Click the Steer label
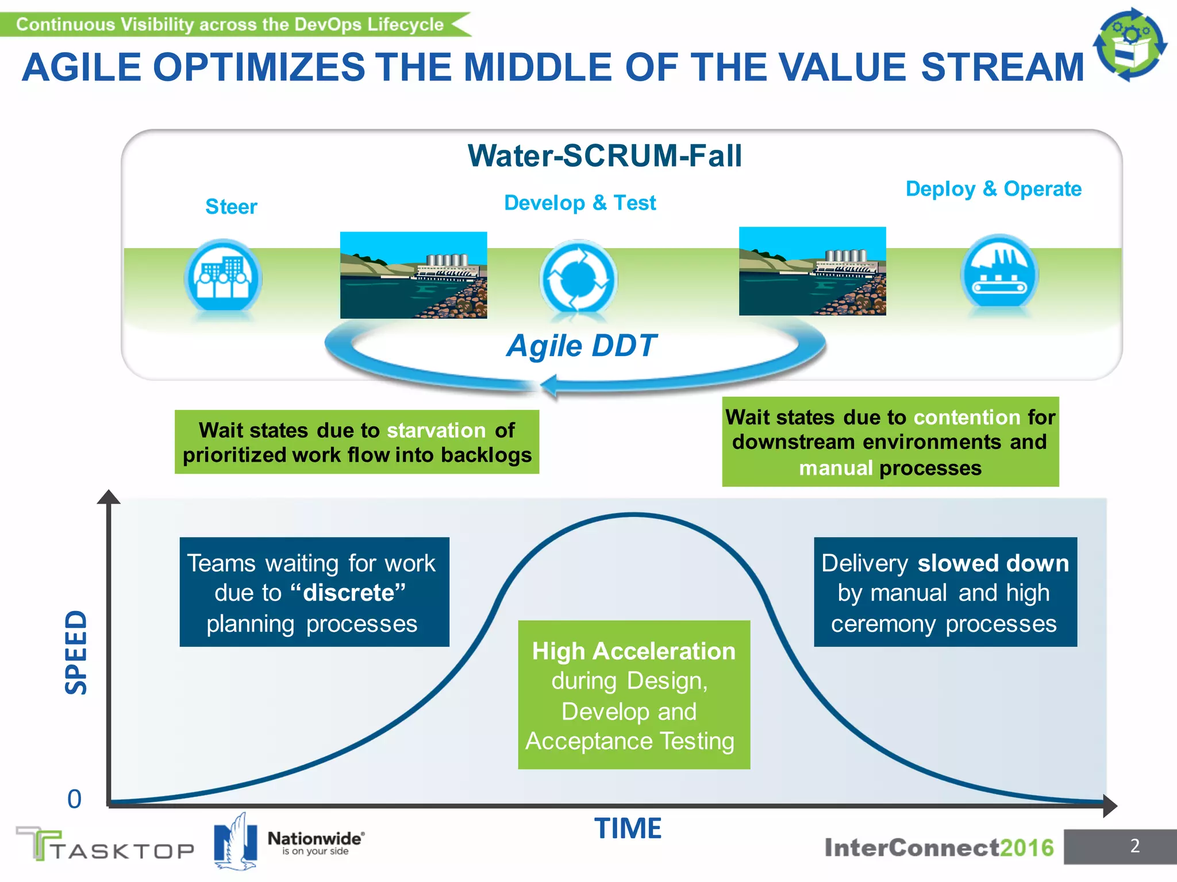coord(231,207)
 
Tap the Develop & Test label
coord(579,203)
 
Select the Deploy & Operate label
coord(993,189)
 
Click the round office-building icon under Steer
coord(223,277)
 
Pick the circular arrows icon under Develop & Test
coord(578,278)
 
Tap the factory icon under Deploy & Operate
coord(999,273)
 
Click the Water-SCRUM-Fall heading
coord(605,156)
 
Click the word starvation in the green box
coord(436,430)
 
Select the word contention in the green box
coord(967,417)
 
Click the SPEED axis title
coord(76,652)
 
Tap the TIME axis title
coord(628,829)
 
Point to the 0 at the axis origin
coord(75,799)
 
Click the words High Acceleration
coord(633,651)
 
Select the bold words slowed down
coord(993,563)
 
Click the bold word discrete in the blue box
coord(348,593)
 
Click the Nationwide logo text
coord(315,839)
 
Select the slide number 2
coord(1134,846)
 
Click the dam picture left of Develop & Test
coord(413,275)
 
